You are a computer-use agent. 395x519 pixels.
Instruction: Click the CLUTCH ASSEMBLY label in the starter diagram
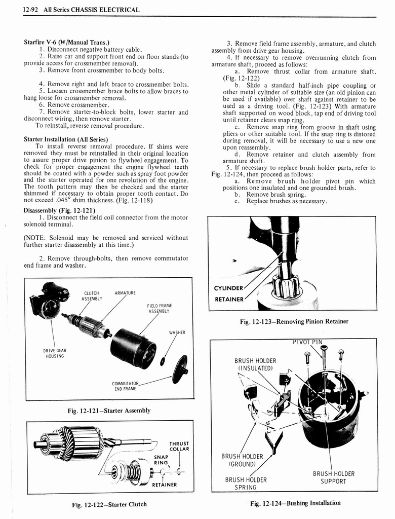point(92,295)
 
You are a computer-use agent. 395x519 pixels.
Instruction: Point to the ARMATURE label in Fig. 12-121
point(125,293)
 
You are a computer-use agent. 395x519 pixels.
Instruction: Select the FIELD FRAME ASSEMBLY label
point(160,309)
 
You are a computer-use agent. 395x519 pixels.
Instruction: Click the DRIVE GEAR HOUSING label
point(54,353)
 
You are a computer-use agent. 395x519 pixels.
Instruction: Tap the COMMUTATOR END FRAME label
point(126,386)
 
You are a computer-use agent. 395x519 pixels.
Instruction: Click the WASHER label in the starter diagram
point(177,332)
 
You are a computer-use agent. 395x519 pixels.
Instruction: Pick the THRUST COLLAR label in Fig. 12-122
point(179,446)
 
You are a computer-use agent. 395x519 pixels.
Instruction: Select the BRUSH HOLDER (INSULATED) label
point(255,364)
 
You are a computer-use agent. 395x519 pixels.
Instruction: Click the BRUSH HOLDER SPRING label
point(246,484)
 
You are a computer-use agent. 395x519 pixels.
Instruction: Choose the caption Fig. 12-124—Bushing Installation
point(296,503)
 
